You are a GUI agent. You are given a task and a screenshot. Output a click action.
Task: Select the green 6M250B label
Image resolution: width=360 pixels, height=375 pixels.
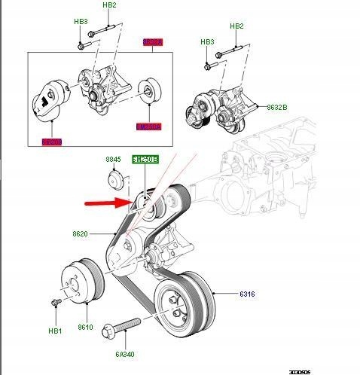click(x=145, y=160)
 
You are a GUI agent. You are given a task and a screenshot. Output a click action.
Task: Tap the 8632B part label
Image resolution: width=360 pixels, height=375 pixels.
click(x=277, y=108)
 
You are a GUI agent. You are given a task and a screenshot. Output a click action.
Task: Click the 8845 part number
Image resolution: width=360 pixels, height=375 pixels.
click(x=112, y=160)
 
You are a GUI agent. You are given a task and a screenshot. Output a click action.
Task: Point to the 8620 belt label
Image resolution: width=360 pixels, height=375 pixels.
click(x=81, y=234)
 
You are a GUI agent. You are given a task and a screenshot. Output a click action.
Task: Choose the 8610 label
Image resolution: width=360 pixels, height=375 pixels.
click(x=84, y=328)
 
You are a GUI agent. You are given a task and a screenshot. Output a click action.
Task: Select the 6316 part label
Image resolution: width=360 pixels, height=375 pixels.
click(x=248, y=293)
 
